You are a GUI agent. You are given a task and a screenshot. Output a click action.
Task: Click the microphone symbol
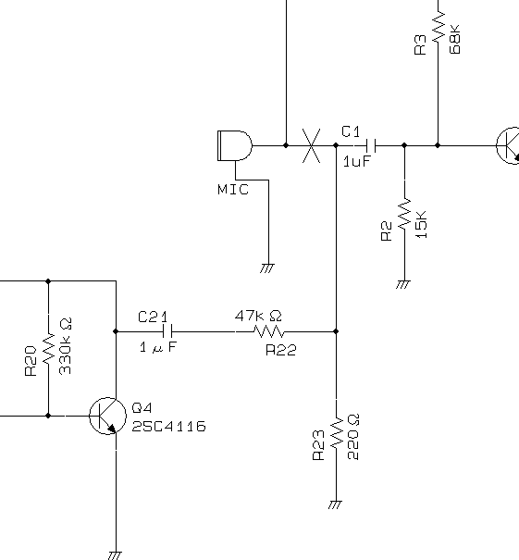pyautogui.click(x=234, y=145)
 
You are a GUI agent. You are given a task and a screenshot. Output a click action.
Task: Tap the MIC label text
pyautogui.click(x=233, y=189)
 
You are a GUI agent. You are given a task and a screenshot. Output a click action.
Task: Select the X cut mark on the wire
pyautogui.click(x=311, y=145)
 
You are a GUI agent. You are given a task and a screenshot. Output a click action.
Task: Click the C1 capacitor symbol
pyautogui.click(x=371, y=145)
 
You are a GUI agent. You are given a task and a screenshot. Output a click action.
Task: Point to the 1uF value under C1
pyautogui.click(x=357, y=162)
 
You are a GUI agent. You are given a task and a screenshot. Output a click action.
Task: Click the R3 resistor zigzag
pyautogui.click(x=439, y=26)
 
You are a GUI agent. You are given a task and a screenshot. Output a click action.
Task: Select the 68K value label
pyautogui.click(x=455, y=39)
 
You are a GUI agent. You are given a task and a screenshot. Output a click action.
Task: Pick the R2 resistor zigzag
pyautogui.click(x=405, y=215)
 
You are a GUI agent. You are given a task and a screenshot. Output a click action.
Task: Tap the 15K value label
pyautogui.click(x=422, y=225)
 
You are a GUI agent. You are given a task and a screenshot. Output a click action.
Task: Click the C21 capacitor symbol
pyautogui.click(x=167, y=331)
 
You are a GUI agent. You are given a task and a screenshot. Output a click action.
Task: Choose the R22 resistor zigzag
pyautogui.click(x=269, y=331)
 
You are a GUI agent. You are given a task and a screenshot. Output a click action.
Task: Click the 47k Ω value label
pyautogui.click(x=258, y=316)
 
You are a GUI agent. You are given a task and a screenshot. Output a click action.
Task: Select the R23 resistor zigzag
pyautogui.click(x=336, y=434)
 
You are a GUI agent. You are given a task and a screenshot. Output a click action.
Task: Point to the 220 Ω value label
pyautogui.click(x=353, y=437)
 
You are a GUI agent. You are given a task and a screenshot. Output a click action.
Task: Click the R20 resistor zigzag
pyautogui.click(x=48, y=349)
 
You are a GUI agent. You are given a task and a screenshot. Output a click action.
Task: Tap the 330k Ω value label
pyautogui.click(x=66, y=346)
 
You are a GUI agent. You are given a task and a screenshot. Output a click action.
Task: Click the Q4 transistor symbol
pyautogui.click(x=107, y=416)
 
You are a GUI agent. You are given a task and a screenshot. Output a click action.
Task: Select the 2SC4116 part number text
pyautogui.click(x=168, y=427)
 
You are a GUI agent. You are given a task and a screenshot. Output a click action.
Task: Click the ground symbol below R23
pyautogui.click(x=335, y=504)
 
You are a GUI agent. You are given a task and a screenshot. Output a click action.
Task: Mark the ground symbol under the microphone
pyautogui.click(x=267, y=268)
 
